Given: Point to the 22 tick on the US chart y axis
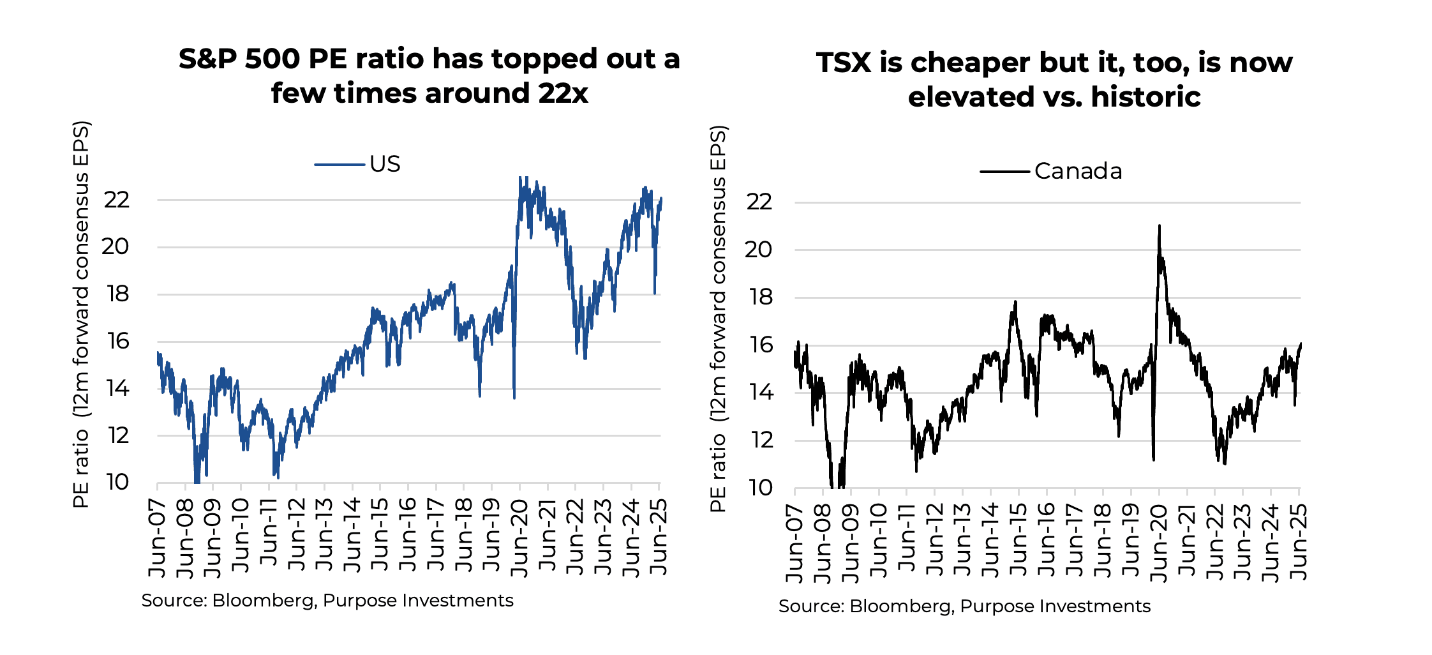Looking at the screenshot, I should pyautogui.click(x=117, y=200).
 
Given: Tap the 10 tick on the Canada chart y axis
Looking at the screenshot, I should pyautogui.click(x=759, y=488).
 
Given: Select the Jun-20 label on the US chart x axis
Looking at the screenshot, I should pyautogui.click(x=520, y=538).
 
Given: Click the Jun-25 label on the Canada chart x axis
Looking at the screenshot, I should pyautogui.click(x=1299, y=541).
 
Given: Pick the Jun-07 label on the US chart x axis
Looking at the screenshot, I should pyautogui.click(x=157, y=538).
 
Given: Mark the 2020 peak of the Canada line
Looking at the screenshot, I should pyautogui.click(x=1159, y=226).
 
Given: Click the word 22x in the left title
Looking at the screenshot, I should pyautogui.click(x=563, y=93).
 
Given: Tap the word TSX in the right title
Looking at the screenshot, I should pyautogui.click(x=843, y=63).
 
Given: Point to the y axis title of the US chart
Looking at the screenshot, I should pyautogui.click(x=81, y=314).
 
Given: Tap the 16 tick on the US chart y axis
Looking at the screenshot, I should pyautogui.click(x=118, y=341).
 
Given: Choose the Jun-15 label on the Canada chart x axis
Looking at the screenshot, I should pyautogui.click(x=1018, y=541).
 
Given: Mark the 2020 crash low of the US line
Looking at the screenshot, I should pyautogui.click(x=514, y=397).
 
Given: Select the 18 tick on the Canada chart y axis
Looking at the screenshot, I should pyautogui.click(x=759, y=297).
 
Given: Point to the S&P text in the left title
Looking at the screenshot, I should pyautogui.click(x=207, y=59).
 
